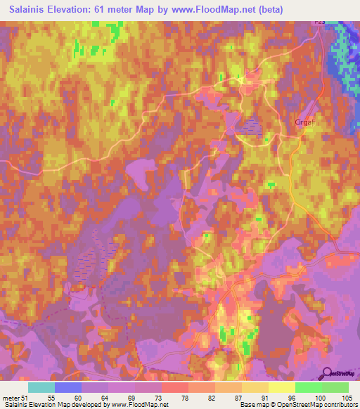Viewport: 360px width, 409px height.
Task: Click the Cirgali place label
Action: coord(304,121)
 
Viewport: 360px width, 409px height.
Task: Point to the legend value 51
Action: coord(25,398)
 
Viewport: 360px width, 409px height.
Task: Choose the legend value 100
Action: coord(321,398)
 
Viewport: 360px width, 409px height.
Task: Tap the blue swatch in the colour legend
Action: coord(68,388)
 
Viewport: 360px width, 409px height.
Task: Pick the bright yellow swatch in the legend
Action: coord(281,388)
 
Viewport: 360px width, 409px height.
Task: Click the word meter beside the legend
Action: coord(11,398)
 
